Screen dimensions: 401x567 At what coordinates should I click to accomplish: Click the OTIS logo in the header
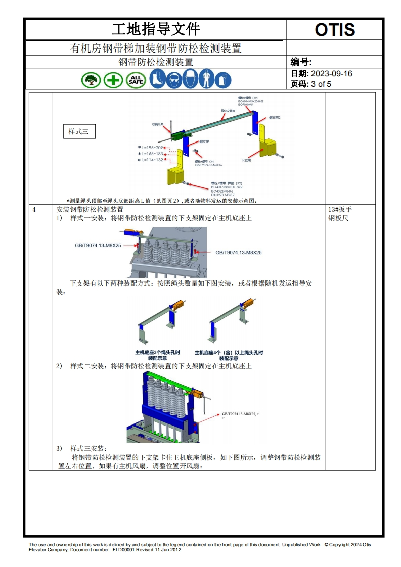[x=335, y=30]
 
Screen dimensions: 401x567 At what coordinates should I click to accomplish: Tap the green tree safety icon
[x=91, y=79]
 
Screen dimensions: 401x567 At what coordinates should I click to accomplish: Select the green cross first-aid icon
[x=113, y=79]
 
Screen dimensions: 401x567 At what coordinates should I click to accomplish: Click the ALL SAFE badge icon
[x=136, y=79]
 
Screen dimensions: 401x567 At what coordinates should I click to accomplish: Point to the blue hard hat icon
[x=190, y=79]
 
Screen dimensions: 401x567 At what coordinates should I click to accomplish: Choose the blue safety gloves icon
[x=223, y=79]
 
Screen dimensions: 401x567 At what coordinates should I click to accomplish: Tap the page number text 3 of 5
[x=321, y=84]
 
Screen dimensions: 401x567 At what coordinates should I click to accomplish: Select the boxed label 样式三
[x=78, y=132]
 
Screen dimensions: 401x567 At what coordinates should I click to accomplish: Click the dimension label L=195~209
[x=153, y=148]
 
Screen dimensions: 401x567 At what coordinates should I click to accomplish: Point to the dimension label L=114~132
[x=153, y=160]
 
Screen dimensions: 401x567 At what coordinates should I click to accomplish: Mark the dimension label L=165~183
[x=153, y=154]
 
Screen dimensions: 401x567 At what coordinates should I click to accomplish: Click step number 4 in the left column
[x=34, y=209]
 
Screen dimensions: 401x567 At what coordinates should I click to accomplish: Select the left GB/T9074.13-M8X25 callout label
[x=98, y=245]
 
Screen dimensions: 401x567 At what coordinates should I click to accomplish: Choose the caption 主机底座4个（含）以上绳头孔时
[x=229, y=353]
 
